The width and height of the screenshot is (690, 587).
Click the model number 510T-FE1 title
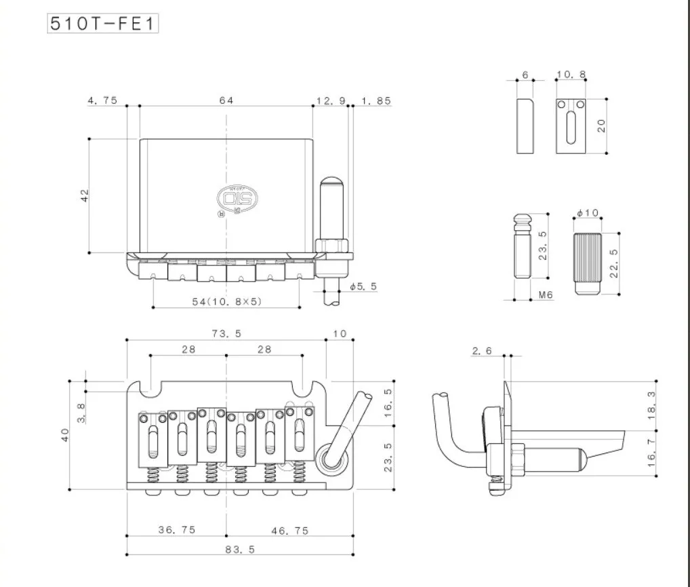(102, 23)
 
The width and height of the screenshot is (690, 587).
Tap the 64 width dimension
(226, 100)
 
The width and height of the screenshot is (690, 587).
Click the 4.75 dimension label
(102, 100)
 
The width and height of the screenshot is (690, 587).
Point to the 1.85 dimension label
(376, 100)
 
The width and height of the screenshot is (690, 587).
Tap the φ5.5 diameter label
(363, 286)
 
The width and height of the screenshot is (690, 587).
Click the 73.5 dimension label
(226, 333)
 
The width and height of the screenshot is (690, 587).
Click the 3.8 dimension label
(81, 411)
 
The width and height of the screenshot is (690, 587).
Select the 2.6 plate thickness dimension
(481, 350)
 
